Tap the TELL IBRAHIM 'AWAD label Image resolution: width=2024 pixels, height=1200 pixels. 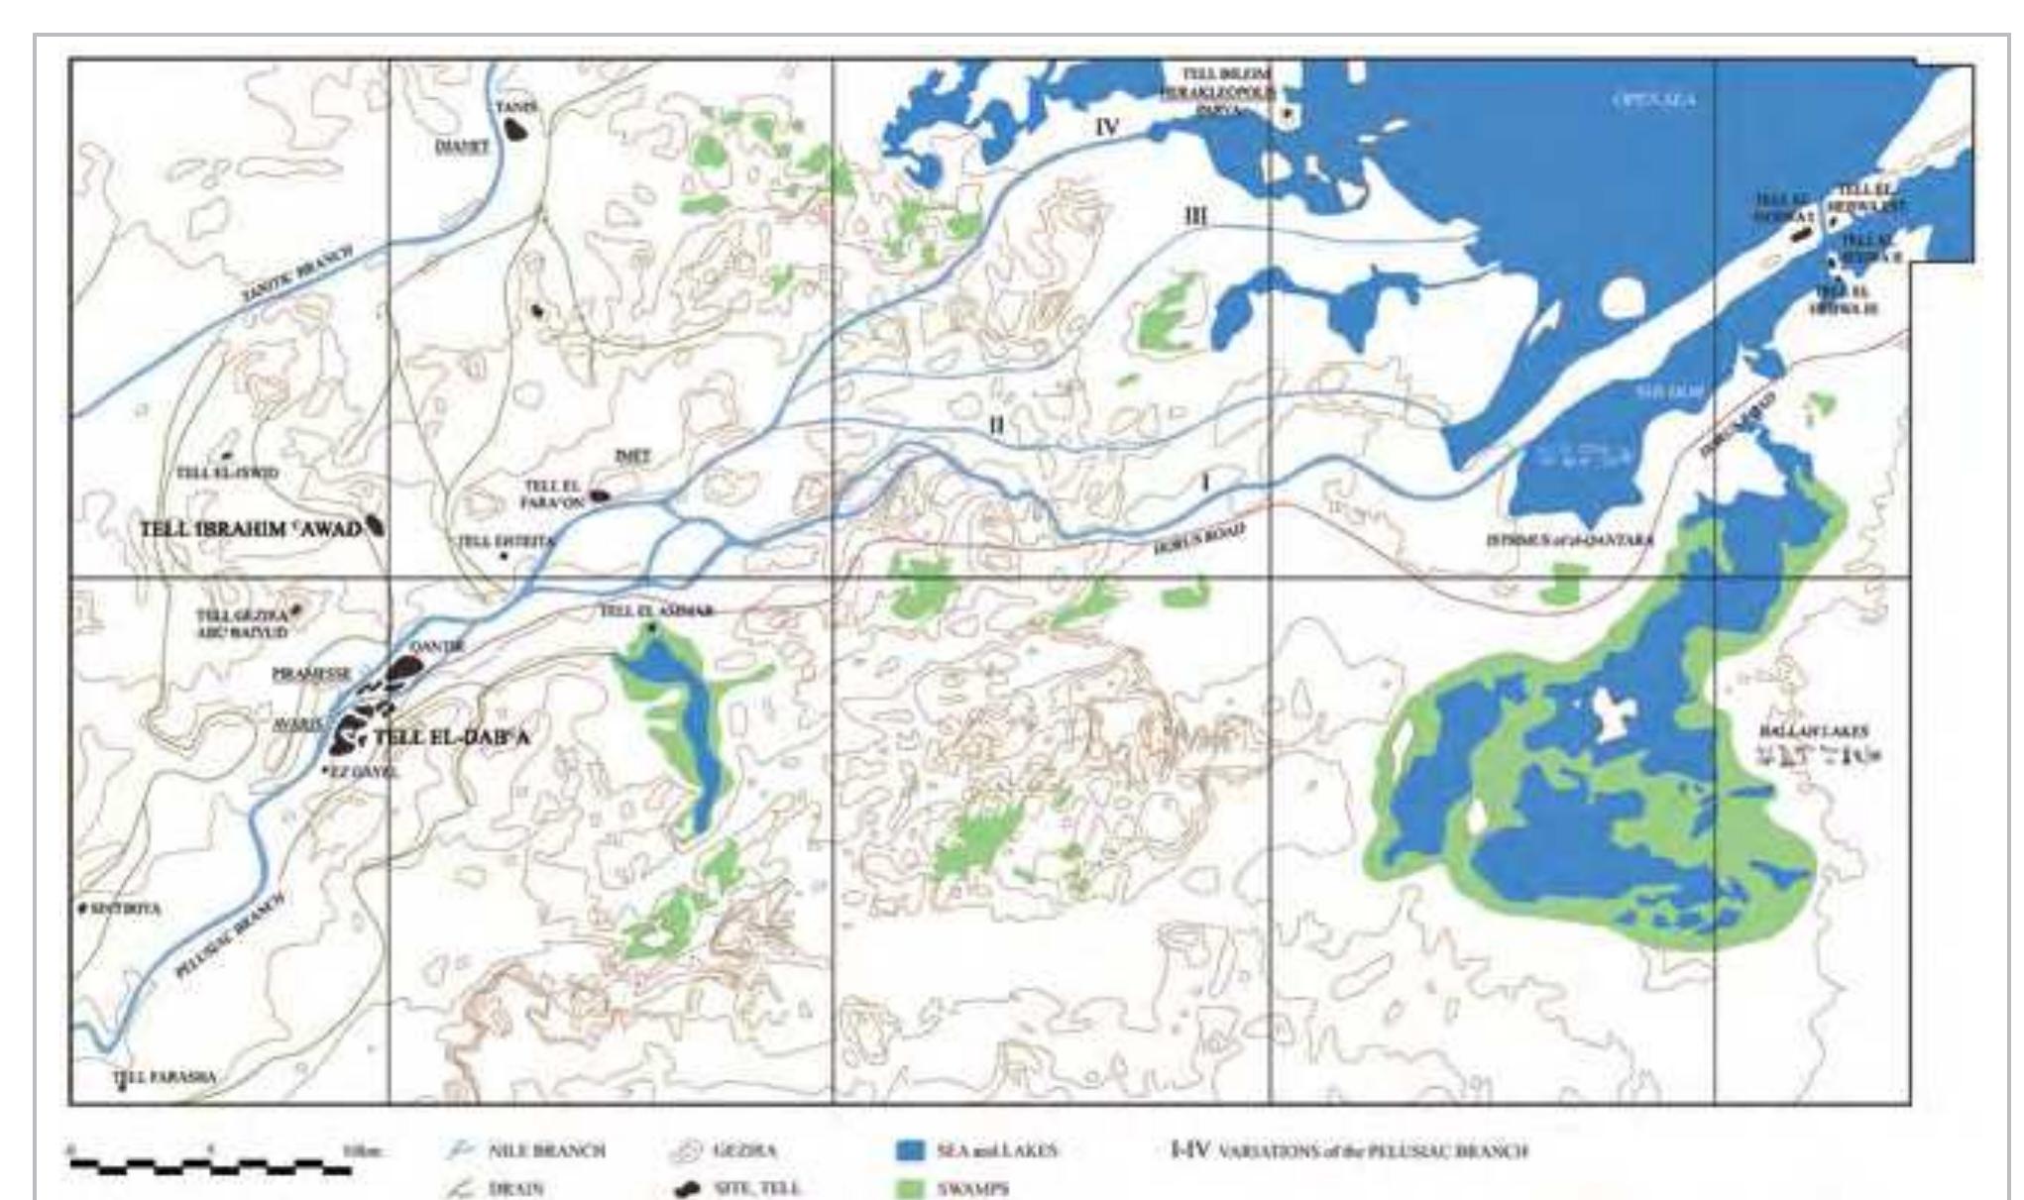pyautogui.click(x=250, y=529)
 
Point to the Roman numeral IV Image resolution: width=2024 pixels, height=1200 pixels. pyautogui.click(x=1107, y=127)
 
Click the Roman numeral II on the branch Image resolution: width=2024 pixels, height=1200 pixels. pyautogui.click(x=996, y=425)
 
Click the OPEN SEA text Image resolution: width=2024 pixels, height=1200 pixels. pyautogui.click(x=1654, y=100)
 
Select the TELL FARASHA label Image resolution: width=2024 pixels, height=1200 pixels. pyautogui.click(x=164, y=1077)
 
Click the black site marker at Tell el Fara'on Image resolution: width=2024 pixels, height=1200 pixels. pyautogui.click(x=599, y=495)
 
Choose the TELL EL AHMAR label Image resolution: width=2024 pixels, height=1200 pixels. pyautogui.click(x=655, y=611)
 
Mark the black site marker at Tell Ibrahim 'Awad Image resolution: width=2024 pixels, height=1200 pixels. pyautogui.click(x=375, y=525)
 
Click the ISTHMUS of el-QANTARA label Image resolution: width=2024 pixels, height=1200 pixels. pyautogui.click(x=1570, y=541)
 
